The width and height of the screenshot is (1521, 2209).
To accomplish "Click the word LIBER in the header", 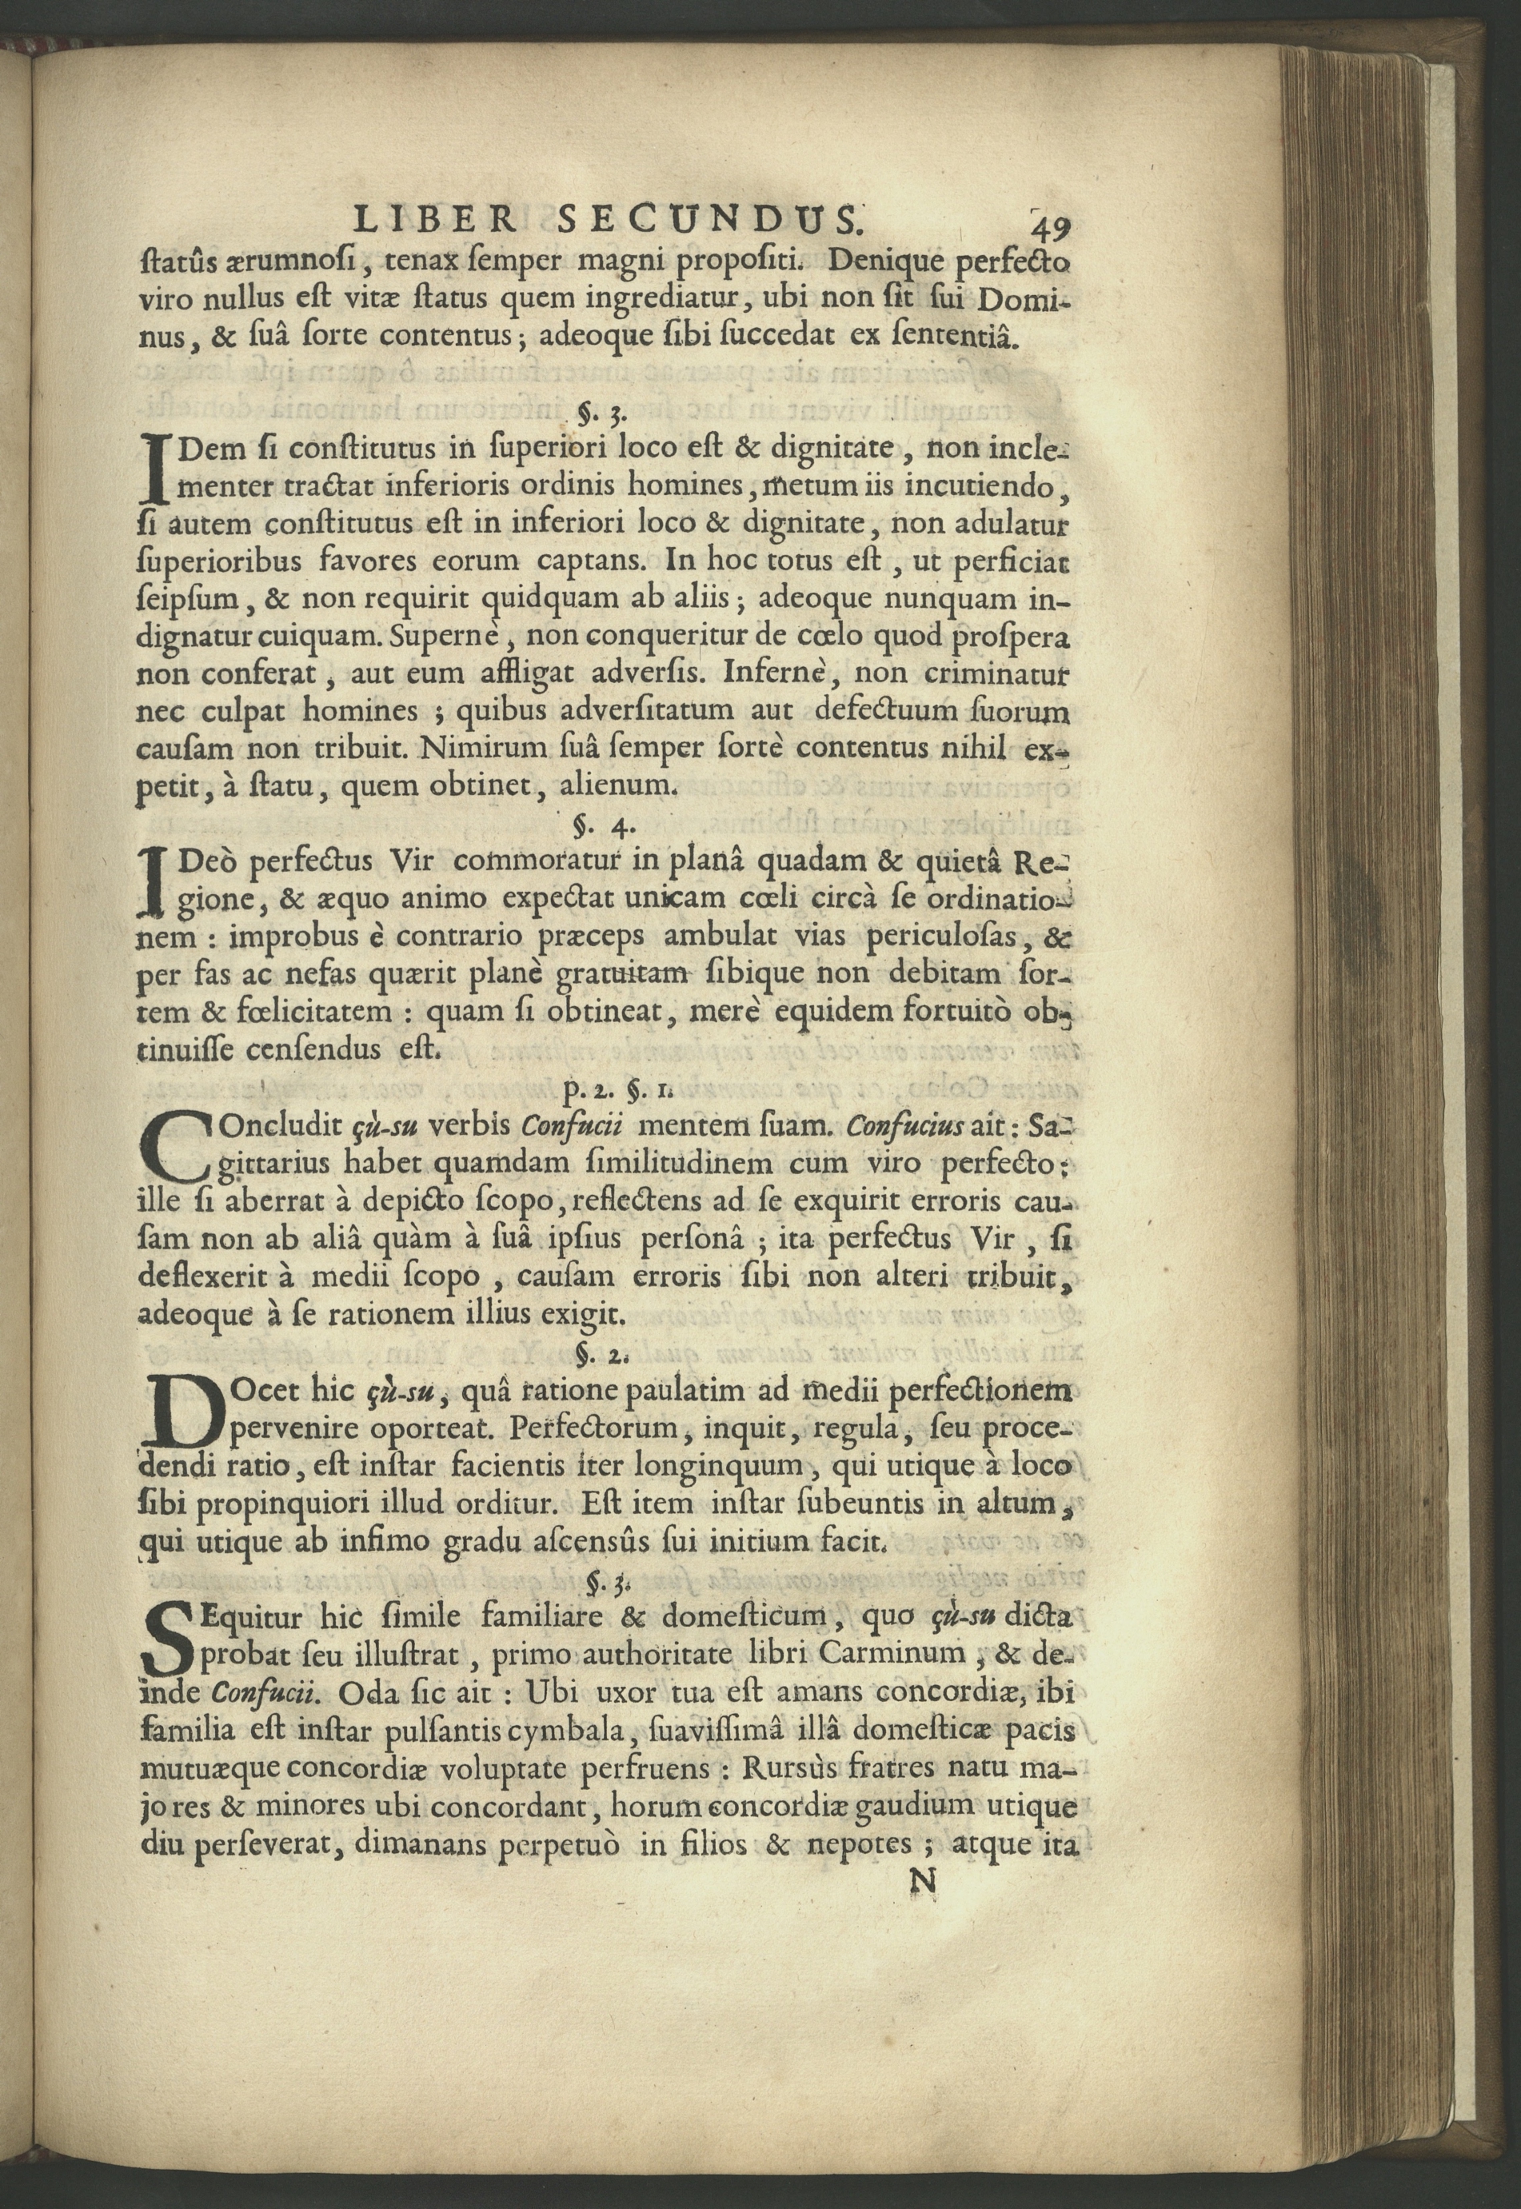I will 436,221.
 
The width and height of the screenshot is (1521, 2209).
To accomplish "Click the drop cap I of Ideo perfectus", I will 154,881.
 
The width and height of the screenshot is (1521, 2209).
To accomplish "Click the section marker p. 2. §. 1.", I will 625,1085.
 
